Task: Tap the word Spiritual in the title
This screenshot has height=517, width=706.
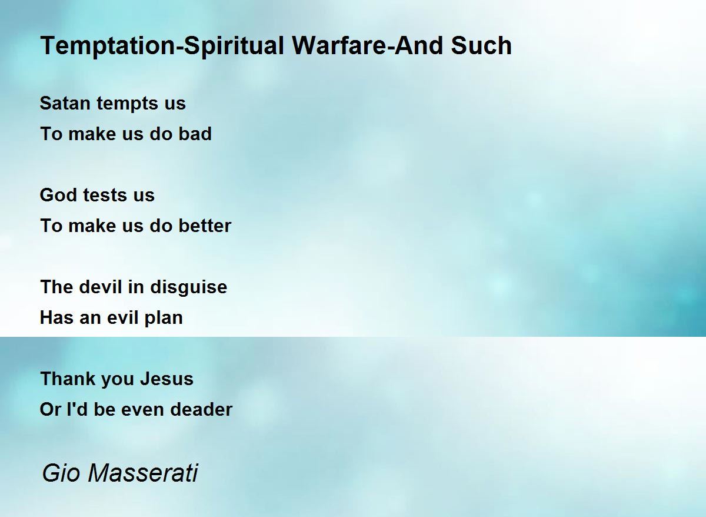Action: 234,47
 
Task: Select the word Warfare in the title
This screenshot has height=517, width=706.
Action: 341,45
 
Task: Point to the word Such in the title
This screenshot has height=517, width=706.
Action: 481,45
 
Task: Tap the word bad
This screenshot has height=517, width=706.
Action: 195,134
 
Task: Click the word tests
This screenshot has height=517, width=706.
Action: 105,195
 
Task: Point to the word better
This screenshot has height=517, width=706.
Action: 205,226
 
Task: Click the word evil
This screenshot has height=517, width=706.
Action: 122,317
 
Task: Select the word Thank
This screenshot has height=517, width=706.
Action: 68,379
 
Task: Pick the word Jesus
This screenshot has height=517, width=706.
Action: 166,379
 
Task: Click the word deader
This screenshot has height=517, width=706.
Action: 201,409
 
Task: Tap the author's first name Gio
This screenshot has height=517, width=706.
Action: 61,473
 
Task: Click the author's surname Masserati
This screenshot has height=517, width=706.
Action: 143,473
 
